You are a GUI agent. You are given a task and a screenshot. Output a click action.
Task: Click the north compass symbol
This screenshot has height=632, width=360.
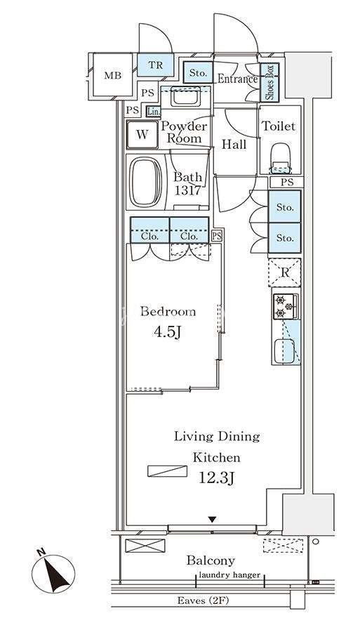(x=53, y=573)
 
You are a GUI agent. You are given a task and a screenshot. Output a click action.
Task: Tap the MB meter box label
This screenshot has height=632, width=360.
(x=113, y=75)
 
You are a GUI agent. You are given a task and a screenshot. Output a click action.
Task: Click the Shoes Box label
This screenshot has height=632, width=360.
(x=269, y=83)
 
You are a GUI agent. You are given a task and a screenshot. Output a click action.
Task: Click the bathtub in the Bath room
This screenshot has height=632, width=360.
(x=146, y=182)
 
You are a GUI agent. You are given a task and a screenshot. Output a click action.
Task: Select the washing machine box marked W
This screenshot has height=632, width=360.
(x=142, y=134)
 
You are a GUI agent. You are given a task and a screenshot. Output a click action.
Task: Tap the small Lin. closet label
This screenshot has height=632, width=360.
(x=154, y=111)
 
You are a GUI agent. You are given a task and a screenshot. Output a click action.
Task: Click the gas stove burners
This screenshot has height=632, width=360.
(x=284, y=306)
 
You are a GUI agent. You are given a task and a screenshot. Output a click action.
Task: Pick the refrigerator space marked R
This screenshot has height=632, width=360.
(x=285, y=272)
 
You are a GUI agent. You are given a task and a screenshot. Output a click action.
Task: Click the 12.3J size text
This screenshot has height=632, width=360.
(x=217, y=478)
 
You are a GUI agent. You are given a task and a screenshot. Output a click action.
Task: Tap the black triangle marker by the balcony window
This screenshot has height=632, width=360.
(x=212, y=520)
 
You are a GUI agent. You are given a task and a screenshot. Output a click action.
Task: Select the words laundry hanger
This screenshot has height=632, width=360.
(x=229, y=575)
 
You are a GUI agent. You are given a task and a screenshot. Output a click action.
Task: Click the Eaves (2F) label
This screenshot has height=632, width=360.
(x=203, y=600)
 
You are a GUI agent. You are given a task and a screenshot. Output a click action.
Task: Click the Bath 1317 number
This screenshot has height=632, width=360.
(x=187, y=190)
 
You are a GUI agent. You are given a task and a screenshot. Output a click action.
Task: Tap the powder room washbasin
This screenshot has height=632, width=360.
(x=185, y=97)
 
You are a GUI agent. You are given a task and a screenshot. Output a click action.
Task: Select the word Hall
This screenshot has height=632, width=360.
(x=234, y=144)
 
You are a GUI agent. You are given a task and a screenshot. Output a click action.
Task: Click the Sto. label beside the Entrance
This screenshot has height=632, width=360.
(x=198, y=73)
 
